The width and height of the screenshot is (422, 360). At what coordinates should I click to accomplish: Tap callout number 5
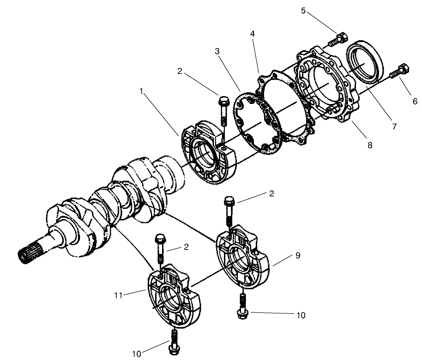(x=303, y=10)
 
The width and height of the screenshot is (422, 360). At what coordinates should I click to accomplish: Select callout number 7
(x=393, y=126)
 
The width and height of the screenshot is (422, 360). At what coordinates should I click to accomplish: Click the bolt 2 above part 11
(x=160, y=248)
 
